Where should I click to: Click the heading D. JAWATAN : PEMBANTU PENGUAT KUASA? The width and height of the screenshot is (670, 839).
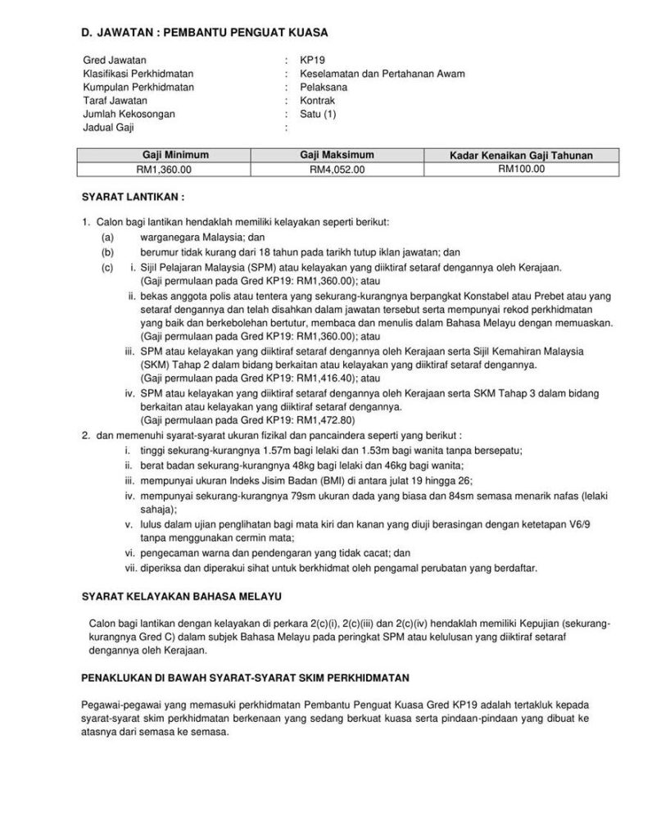(x=204, y=33)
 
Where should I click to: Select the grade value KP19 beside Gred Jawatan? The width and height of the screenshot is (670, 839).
(x=311, y=61)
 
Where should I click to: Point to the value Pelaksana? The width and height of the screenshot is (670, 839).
(x=320, y=88)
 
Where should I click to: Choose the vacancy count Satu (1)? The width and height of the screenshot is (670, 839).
(x=318, y=114)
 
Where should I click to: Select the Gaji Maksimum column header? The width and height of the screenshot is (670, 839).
(x=337, y=155)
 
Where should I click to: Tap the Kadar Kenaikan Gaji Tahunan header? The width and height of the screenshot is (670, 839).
(x=521, y=155)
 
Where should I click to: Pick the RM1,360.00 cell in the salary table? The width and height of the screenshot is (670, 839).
(x=164, y=170)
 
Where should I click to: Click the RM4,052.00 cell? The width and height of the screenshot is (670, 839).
(x=337, y=170)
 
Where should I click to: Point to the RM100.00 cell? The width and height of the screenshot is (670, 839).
(x=521, y=169)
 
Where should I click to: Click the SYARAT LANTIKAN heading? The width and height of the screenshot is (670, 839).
(x=133, y=197)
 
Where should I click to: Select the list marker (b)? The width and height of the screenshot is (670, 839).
(x=107, y=252)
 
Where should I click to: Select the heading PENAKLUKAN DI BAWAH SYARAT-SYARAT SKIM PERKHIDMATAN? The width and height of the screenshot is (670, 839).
(x=246, y=678)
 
